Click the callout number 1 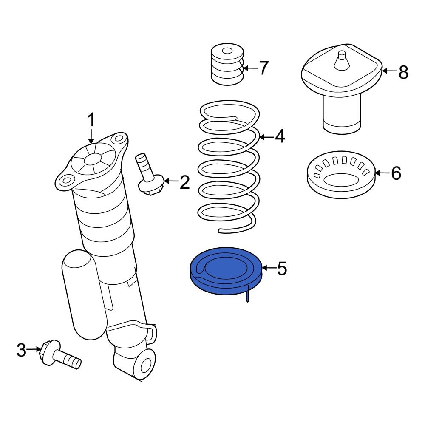pos(91,120)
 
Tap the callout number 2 pos(184,182)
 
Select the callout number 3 pos(21,351)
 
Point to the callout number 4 pos(280,136)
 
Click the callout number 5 pos(282,268)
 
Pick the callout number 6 pos(396,173)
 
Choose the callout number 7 pos(263,68)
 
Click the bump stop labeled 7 pos(227,65)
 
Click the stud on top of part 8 pos(341,59)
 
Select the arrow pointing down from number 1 pos(91,136)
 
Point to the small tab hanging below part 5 pos(248,295)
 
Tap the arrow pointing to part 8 pos(389,71)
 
